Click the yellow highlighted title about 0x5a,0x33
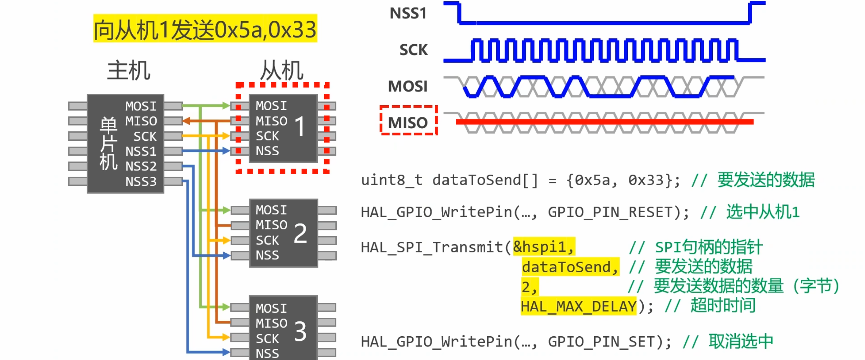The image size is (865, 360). [205, 29]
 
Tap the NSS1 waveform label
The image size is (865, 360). [408, 14]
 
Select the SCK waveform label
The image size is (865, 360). [413, 50]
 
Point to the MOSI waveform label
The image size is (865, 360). [408, 86]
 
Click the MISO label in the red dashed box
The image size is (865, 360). [408, 122]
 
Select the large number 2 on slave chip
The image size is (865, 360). [300, 233]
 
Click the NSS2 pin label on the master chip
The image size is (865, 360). [141, 166]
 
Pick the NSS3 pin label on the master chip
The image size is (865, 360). [141, 182]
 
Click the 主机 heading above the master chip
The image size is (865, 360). [129, 70]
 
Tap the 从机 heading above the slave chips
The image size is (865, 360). [282, 70]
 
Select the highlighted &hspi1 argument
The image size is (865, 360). [544, 247]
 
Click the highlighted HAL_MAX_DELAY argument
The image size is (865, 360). [578, 307]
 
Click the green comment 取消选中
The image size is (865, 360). [741, 341]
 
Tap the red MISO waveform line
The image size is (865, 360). [604, 122]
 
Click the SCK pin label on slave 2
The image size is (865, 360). [267, 240]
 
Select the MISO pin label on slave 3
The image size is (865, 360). [271, 323]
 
